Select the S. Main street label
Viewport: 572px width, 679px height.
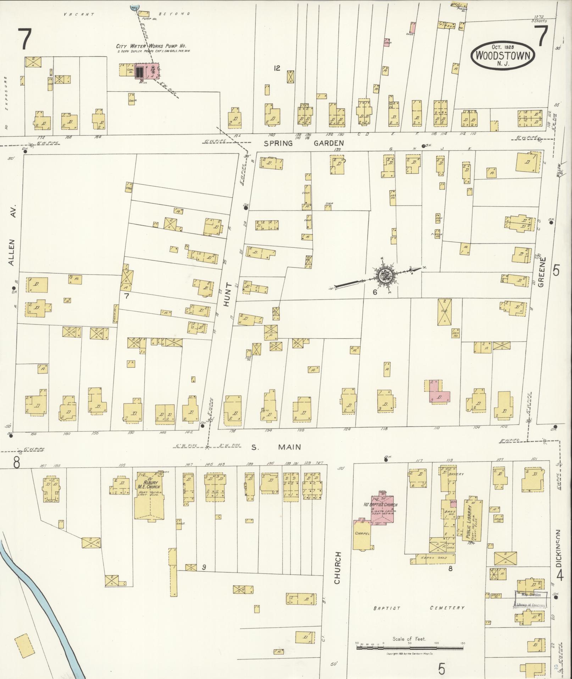(x=276, y=447)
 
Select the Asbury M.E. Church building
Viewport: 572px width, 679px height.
(x=149, y=495)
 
